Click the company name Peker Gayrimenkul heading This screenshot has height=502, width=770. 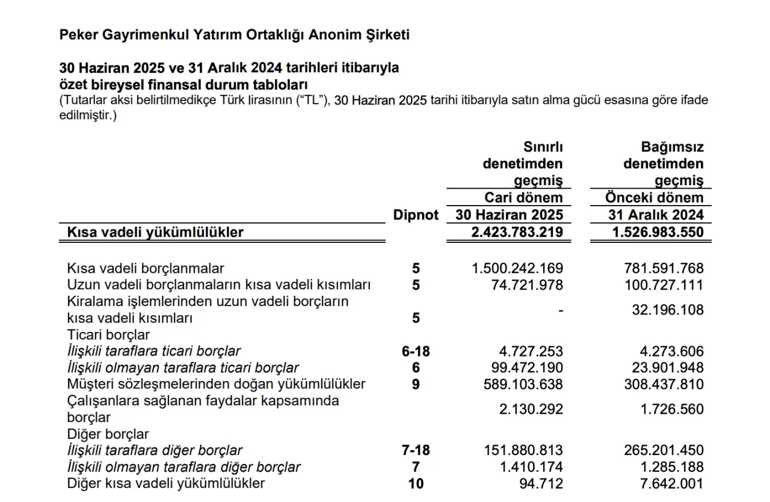click(x=234, y=35)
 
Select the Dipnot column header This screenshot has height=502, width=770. click(x=416, y=215)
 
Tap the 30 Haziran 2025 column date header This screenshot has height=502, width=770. click(x=509, y=215)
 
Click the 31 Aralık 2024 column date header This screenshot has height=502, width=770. click(x=656, y=215)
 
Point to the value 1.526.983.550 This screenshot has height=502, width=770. click(x=658, y=232)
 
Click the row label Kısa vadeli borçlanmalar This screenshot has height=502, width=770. click(x=146, y=268)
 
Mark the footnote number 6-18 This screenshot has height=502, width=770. click(x=416, y=351)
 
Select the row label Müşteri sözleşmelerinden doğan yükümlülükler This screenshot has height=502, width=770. click(x=217, y=384)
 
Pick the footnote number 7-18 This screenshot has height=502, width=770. click(x=416, y=450)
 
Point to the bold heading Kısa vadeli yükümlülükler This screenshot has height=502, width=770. click(x=155, y=232)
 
